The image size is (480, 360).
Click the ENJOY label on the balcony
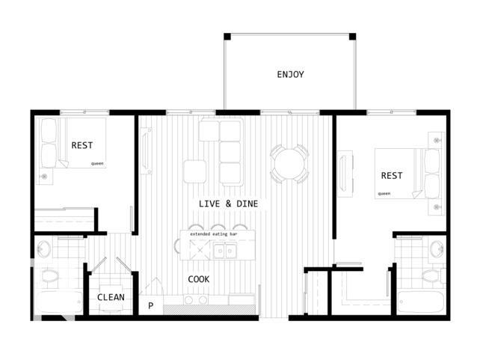pyautogui.click(x=290, y=74)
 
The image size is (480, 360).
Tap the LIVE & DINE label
pyautogui.click(x=234, y=204)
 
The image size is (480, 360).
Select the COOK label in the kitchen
pyautogui.click(x=198, y=279)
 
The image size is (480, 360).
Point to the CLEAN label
pyautogui.click(x=111, y=297)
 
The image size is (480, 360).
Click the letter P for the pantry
pyautogui.click(x=150, y=305)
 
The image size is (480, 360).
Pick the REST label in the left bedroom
pyautogui.click(x=81, y=145)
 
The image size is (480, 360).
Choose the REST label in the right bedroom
pyautogui.click(x=391, y=176)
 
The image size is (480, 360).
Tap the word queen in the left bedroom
pyautogui.click(x=97, y=162)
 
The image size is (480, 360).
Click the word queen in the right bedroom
pyautogui.click(x=384, y=193)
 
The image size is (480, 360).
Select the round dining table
pyautogui.click(x=289, y=162)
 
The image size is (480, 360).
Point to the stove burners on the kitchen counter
pyautogui.click(x=194, y=300)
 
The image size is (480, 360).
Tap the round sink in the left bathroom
pyautogui.click(x=43, y=249)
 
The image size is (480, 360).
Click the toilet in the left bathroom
pyautogui.click(x=49, y=276)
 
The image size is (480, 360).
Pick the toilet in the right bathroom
pyautogui.click(x=433, y=276)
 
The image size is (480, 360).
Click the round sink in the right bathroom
pyautogui.click(x=437, y=249)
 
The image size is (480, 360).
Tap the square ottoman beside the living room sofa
pyautogui.click(x=194, y=171)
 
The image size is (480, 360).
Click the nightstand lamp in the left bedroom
pyautogui.click(x=44, y=177)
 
